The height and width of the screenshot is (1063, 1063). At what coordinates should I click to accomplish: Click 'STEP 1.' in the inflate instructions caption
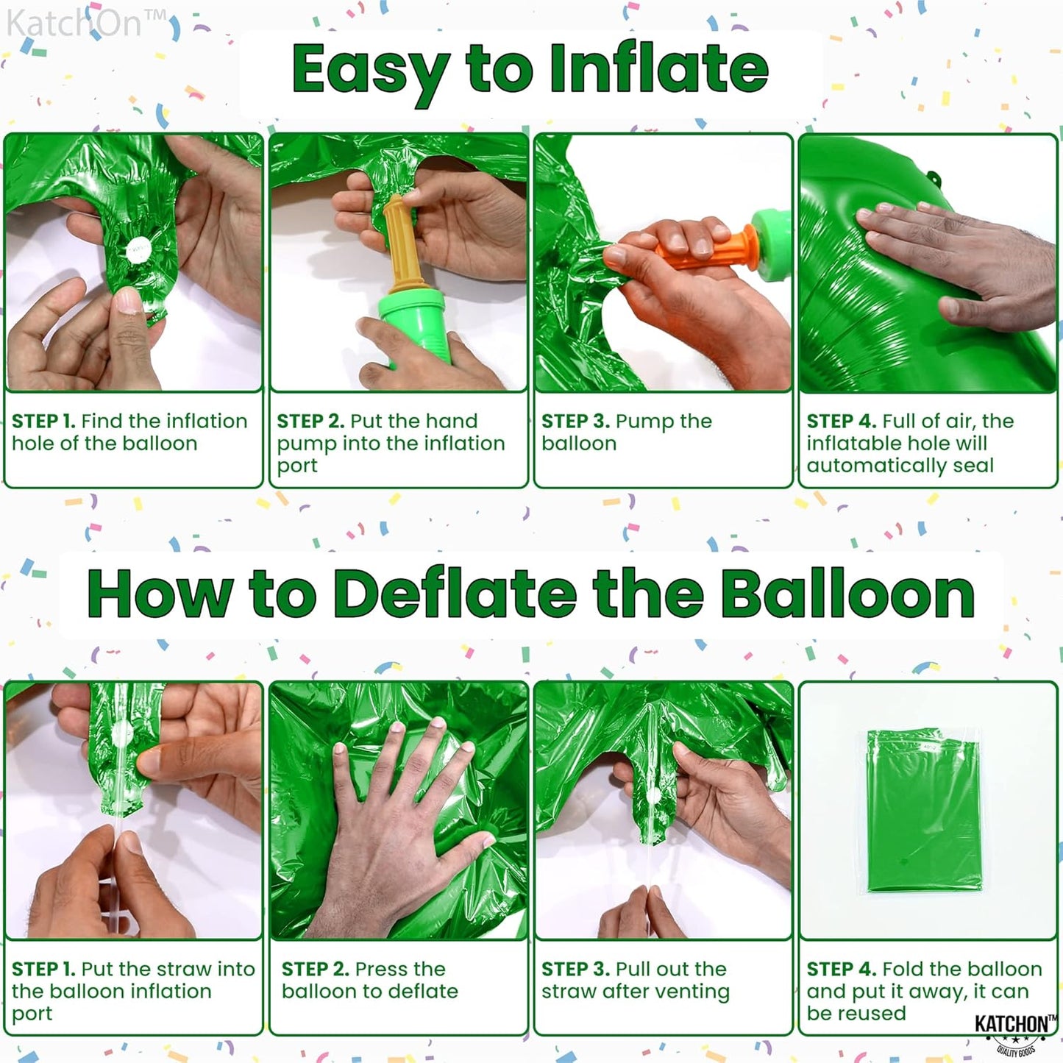[x=43, y=422]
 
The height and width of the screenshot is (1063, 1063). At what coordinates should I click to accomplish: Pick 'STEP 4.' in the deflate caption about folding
[x=840, y=970]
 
